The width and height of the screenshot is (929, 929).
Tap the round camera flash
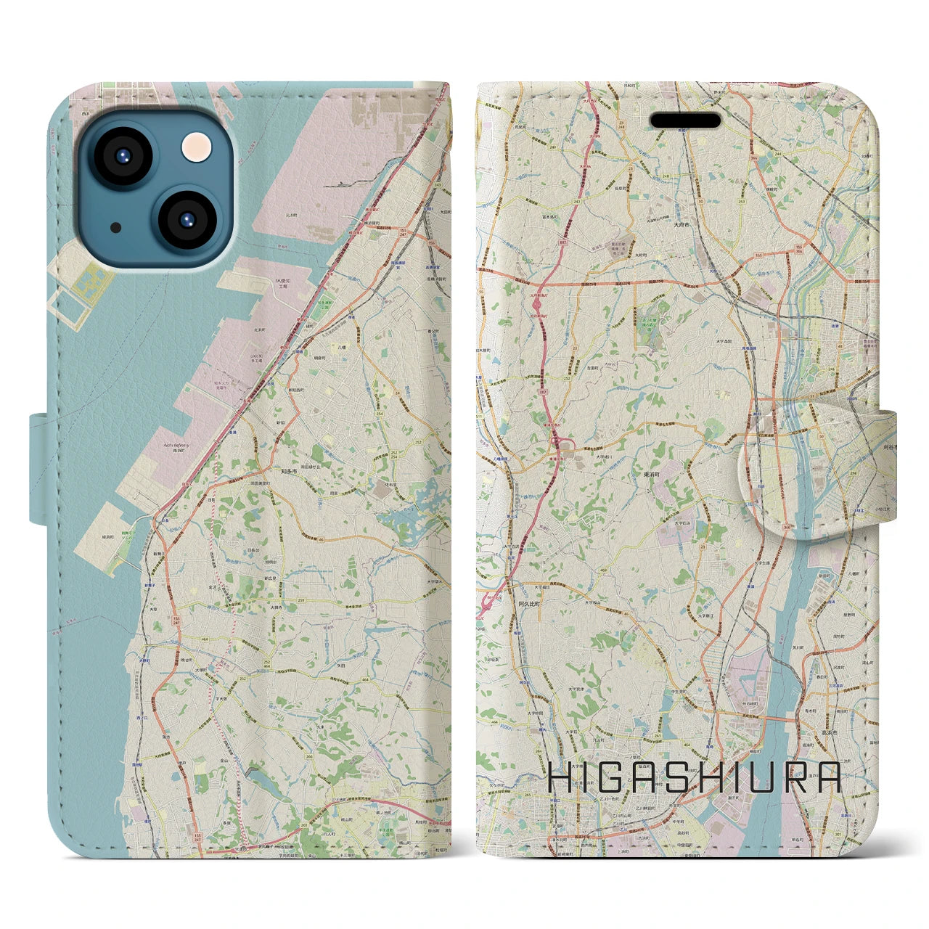tap(196, 148)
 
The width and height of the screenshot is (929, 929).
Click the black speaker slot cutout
tap(684, 120)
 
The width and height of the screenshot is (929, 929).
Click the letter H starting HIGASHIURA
tap(561, 777)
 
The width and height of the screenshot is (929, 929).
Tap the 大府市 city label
tap(681, 225)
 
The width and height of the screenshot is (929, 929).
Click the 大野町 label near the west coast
tap(144, 660)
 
